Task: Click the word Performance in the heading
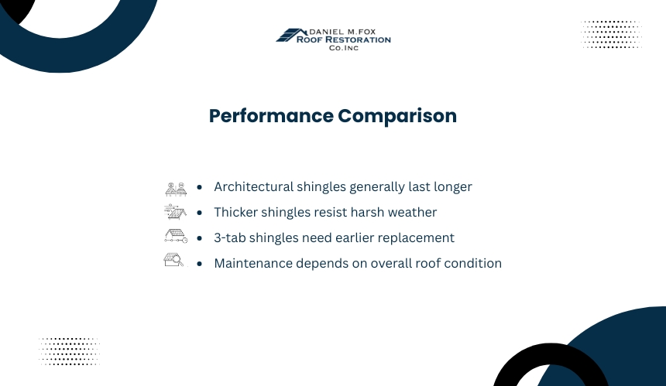[x=271, y=116]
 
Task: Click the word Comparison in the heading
[x=397, y=116]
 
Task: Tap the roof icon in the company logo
[x=291, y=35]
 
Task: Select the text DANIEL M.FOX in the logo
[x=342, y=32]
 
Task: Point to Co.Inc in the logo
[x=344, y=48]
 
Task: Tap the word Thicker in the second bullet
[x=235, y=212]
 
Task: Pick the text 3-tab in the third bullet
[x=230, y=237]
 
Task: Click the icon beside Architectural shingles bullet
[x=176, y=190]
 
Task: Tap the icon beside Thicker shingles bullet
[x=176, y=212]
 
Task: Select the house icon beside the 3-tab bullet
[x=176, y=236]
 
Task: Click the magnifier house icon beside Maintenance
[x=173, y=260]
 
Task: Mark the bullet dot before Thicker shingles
[x=200, y=213]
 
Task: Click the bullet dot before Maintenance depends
[x=200, y=264]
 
